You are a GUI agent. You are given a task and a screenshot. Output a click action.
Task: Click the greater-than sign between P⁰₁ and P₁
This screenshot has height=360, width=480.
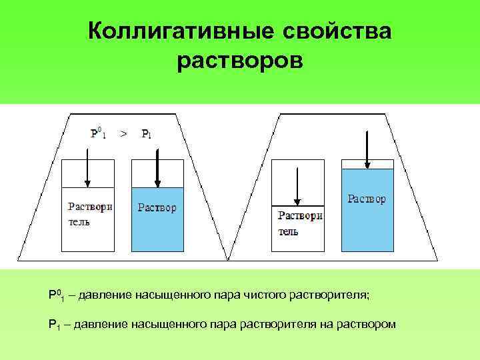[x=123, y=133]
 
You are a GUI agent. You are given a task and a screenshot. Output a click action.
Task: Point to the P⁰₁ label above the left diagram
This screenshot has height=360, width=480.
[x=99, y=133]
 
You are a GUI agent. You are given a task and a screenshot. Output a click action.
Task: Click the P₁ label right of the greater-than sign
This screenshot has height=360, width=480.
[x=146, y=133]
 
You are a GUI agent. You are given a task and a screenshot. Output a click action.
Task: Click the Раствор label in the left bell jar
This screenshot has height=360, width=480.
[x=157, y=208]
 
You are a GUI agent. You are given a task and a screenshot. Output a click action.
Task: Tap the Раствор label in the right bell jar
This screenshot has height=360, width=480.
[x=367, y=199]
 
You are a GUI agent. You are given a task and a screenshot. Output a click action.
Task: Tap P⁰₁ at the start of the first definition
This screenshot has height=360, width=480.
[x=55, y=294]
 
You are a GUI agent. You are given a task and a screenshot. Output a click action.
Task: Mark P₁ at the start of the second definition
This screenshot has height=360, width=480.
[x=55, y=325]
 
